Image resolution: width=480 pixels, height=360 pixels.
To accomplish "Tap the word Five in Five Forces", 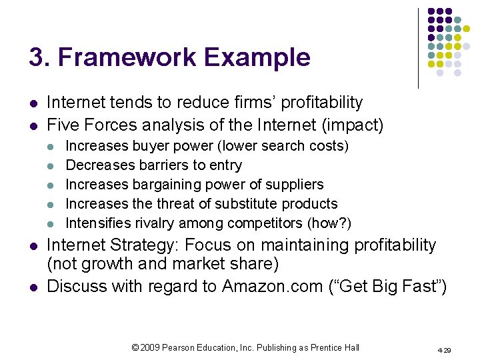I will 64,124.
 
